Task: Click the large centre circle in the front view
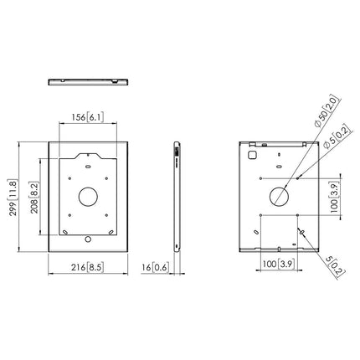coord(88,198)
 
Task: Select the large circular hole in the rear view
coord(278,197)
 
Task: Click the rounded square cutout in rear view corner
coord(252,155)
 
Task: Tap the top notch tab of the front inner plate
coord(88,154)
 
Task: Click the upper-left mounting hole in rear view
coord(261,177)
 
